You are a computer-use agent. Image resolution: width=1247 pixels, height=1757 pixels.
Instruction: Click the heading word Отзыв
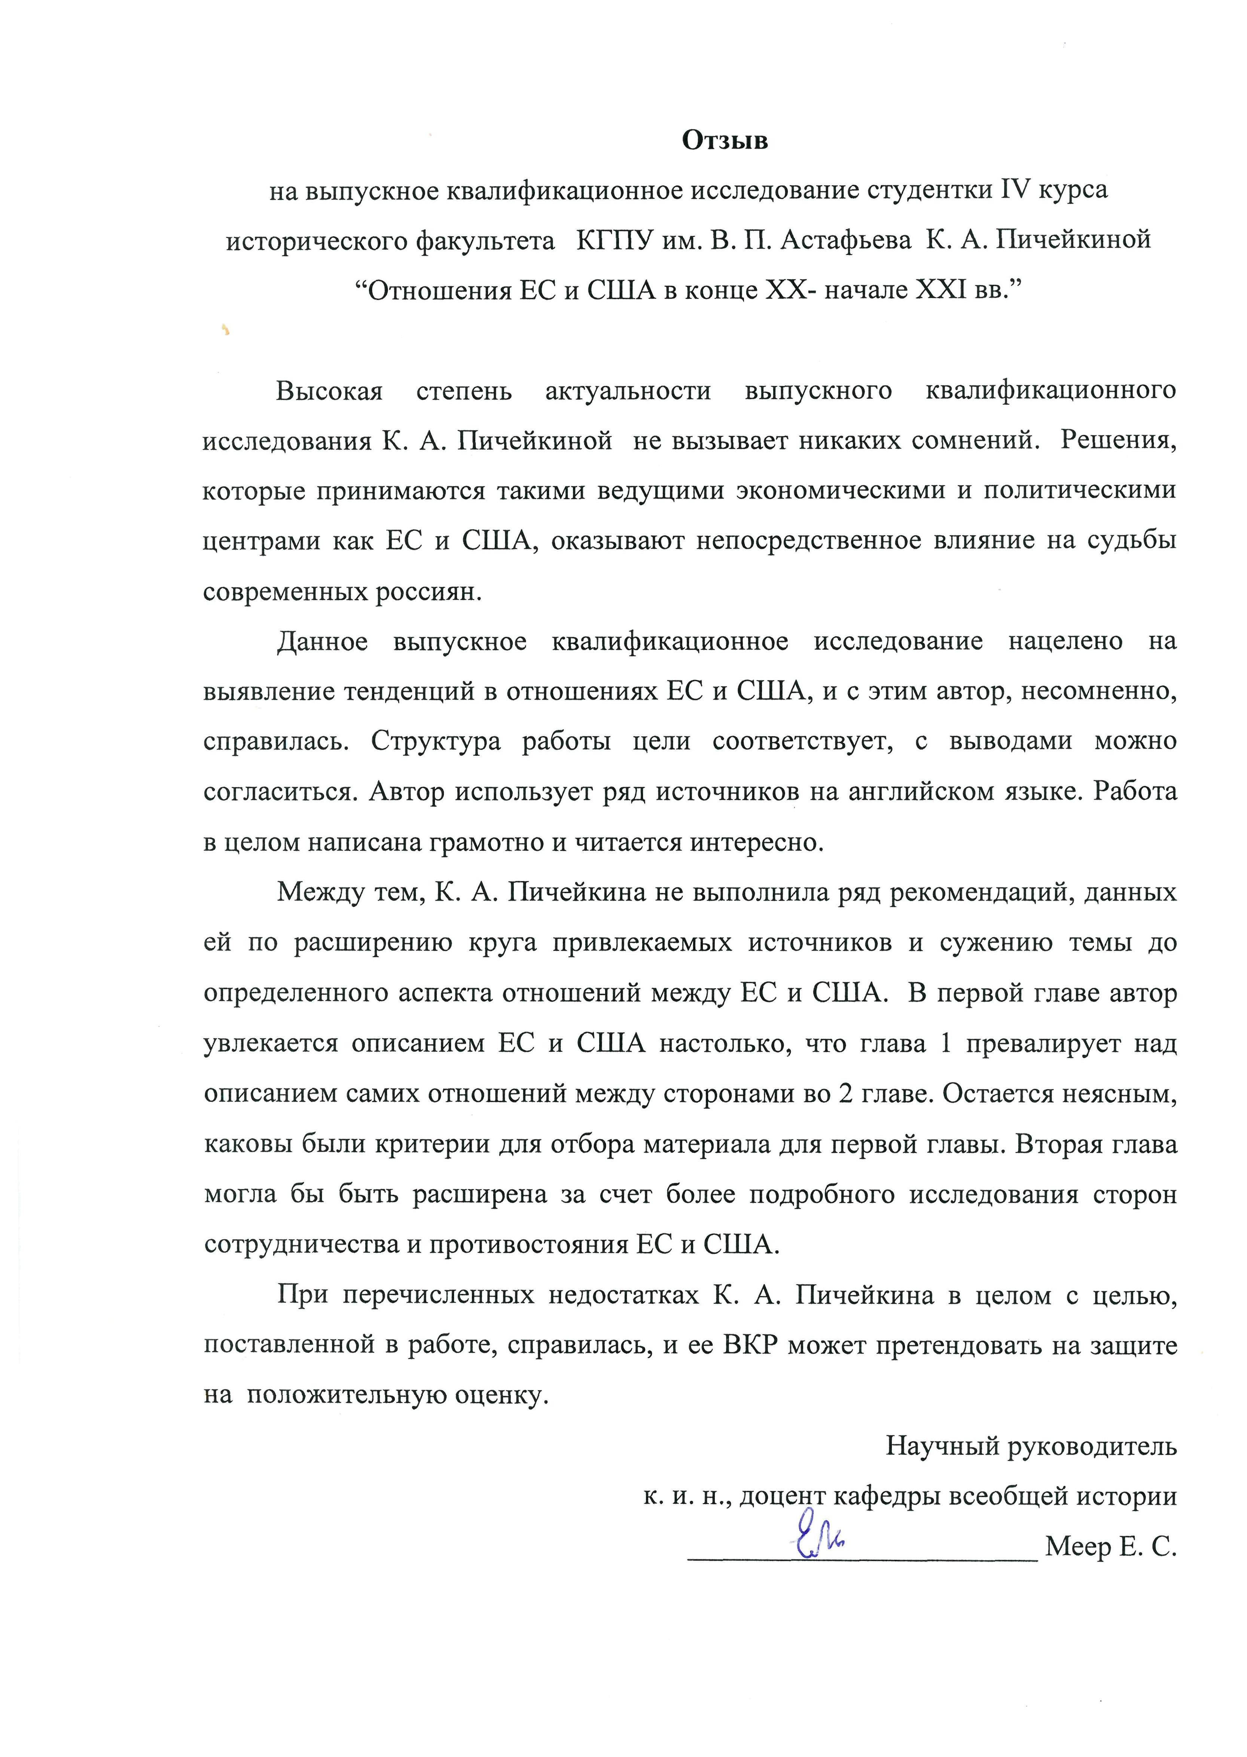(725, 140)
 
